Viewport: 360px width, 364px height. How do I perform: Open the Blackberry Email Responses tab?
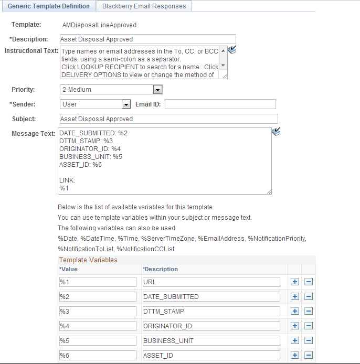[144, 6]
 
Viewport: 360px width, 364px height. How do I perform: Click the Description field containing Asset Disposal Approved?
[147, 39]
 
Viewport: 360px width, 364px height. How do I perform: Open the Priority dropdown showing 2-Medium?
[111, 90]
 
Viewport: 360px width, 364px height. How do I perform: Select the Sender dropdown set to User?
[95, 104]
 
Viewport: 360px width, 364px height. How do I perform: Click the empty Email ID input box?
[220, 104]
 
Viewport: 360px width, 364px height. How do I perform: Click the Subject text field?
[168, 119]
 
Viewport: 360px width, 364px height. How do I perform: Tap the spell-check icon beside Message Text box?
[277, 133]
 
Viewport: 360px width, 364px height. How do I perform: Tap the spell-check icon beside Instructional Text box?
[232, 50]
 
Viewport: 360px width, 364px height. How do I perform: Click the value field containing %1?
[98, 282]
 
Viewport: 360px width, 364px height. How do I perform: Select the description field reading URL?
[211, 282]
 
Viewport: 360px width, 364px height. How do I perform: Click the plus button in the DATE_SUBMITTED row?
[295, 296]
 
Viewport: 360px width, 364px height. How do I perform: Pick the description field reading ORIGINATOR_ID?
[211, 326]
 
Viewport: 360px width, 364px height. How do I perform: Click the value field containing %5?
[98, 340]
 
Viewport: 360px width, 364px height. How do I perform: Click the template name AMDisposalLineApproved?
[99, 25]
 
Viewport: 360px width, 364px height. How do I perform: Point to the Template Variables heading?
[88, 260]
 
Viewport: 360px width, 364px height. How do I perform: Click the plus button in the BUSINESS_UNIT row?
[295, 340]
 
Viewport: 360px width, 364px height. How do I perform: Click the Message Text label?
[33, 134]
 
